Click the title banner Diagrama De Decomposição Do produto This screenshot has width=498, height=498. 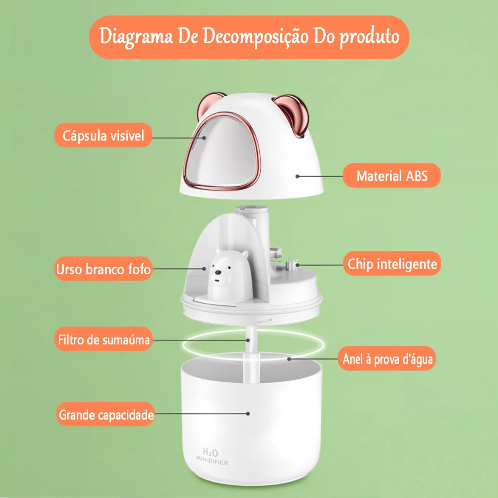[249, 37]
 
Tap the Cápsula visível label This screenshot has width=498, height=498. [103, 135]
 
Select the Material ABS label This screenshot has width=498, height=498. [391, 176]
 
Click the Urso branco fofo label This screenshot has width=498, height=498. [103, 269]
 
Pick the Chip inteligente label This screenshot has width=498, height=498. [392, 264]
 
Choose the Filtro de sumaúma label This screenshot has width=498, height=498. [103, 339]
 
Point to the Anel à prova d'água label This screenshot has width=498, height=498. [387, 359]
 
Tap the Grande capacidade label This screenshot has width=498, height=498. [106, 415]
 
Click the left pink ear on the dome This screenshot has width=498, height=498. [212, 103]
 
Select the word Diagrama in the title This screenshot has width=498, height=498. [137, 37]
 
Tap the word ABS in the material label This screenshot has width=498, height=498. [416, 176]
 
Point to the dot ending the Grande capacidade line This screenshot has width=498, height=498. [249, 414]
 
